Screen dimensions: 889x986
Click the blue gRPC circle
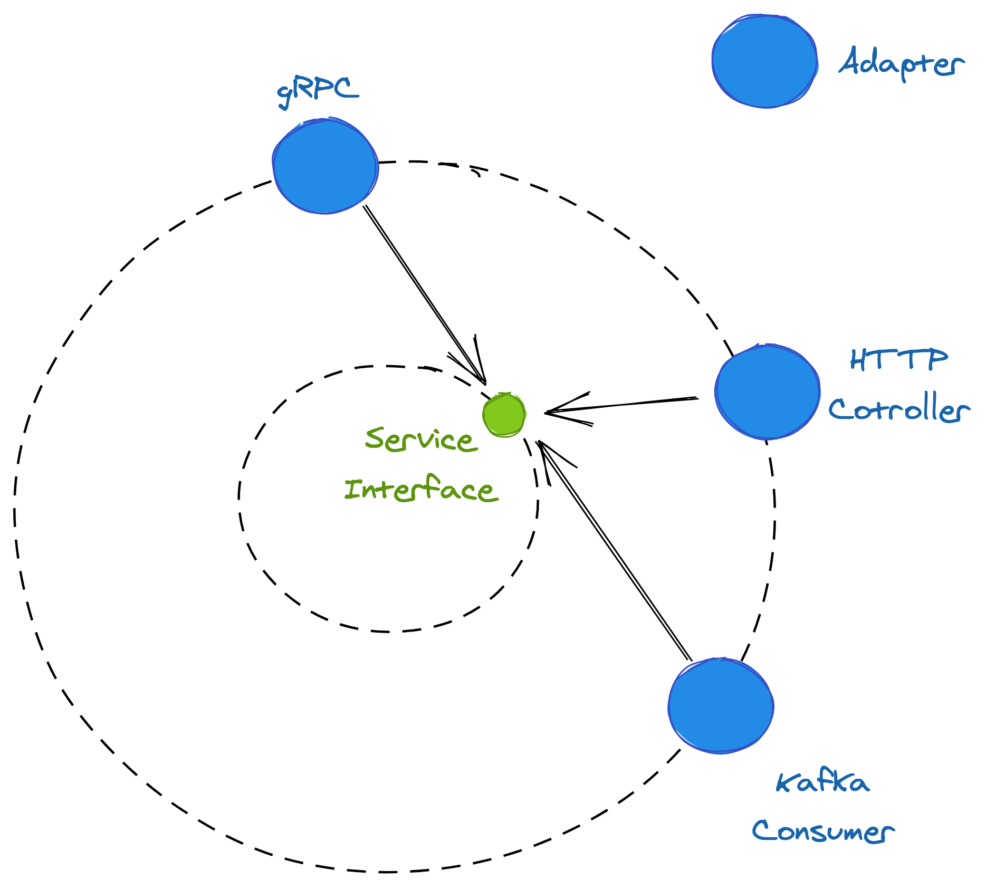point(325,166)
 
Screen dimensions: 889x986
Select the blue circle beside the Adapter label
point(764,61)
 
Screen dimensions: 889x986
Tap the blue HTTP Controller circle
point(767,391)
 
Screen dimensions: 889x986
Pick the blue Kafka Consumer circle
point(721,705)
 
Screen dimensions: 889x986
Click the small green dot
point(504,415)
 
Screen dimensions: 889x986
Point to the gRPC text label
point(318,91)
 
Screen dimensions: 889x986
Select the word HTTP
point(898,360)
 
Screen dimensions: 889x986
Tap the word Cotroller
point(898,409)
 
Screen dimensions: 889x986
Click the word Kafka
point(822,783)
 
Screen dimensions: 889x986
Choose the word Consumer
point(822,831)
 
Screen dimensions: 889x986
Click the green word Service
point(421,439)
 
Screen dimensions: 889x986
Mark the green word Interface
point(421,489)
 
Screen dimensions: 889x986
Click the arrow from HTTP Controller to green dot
point(623,405)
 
